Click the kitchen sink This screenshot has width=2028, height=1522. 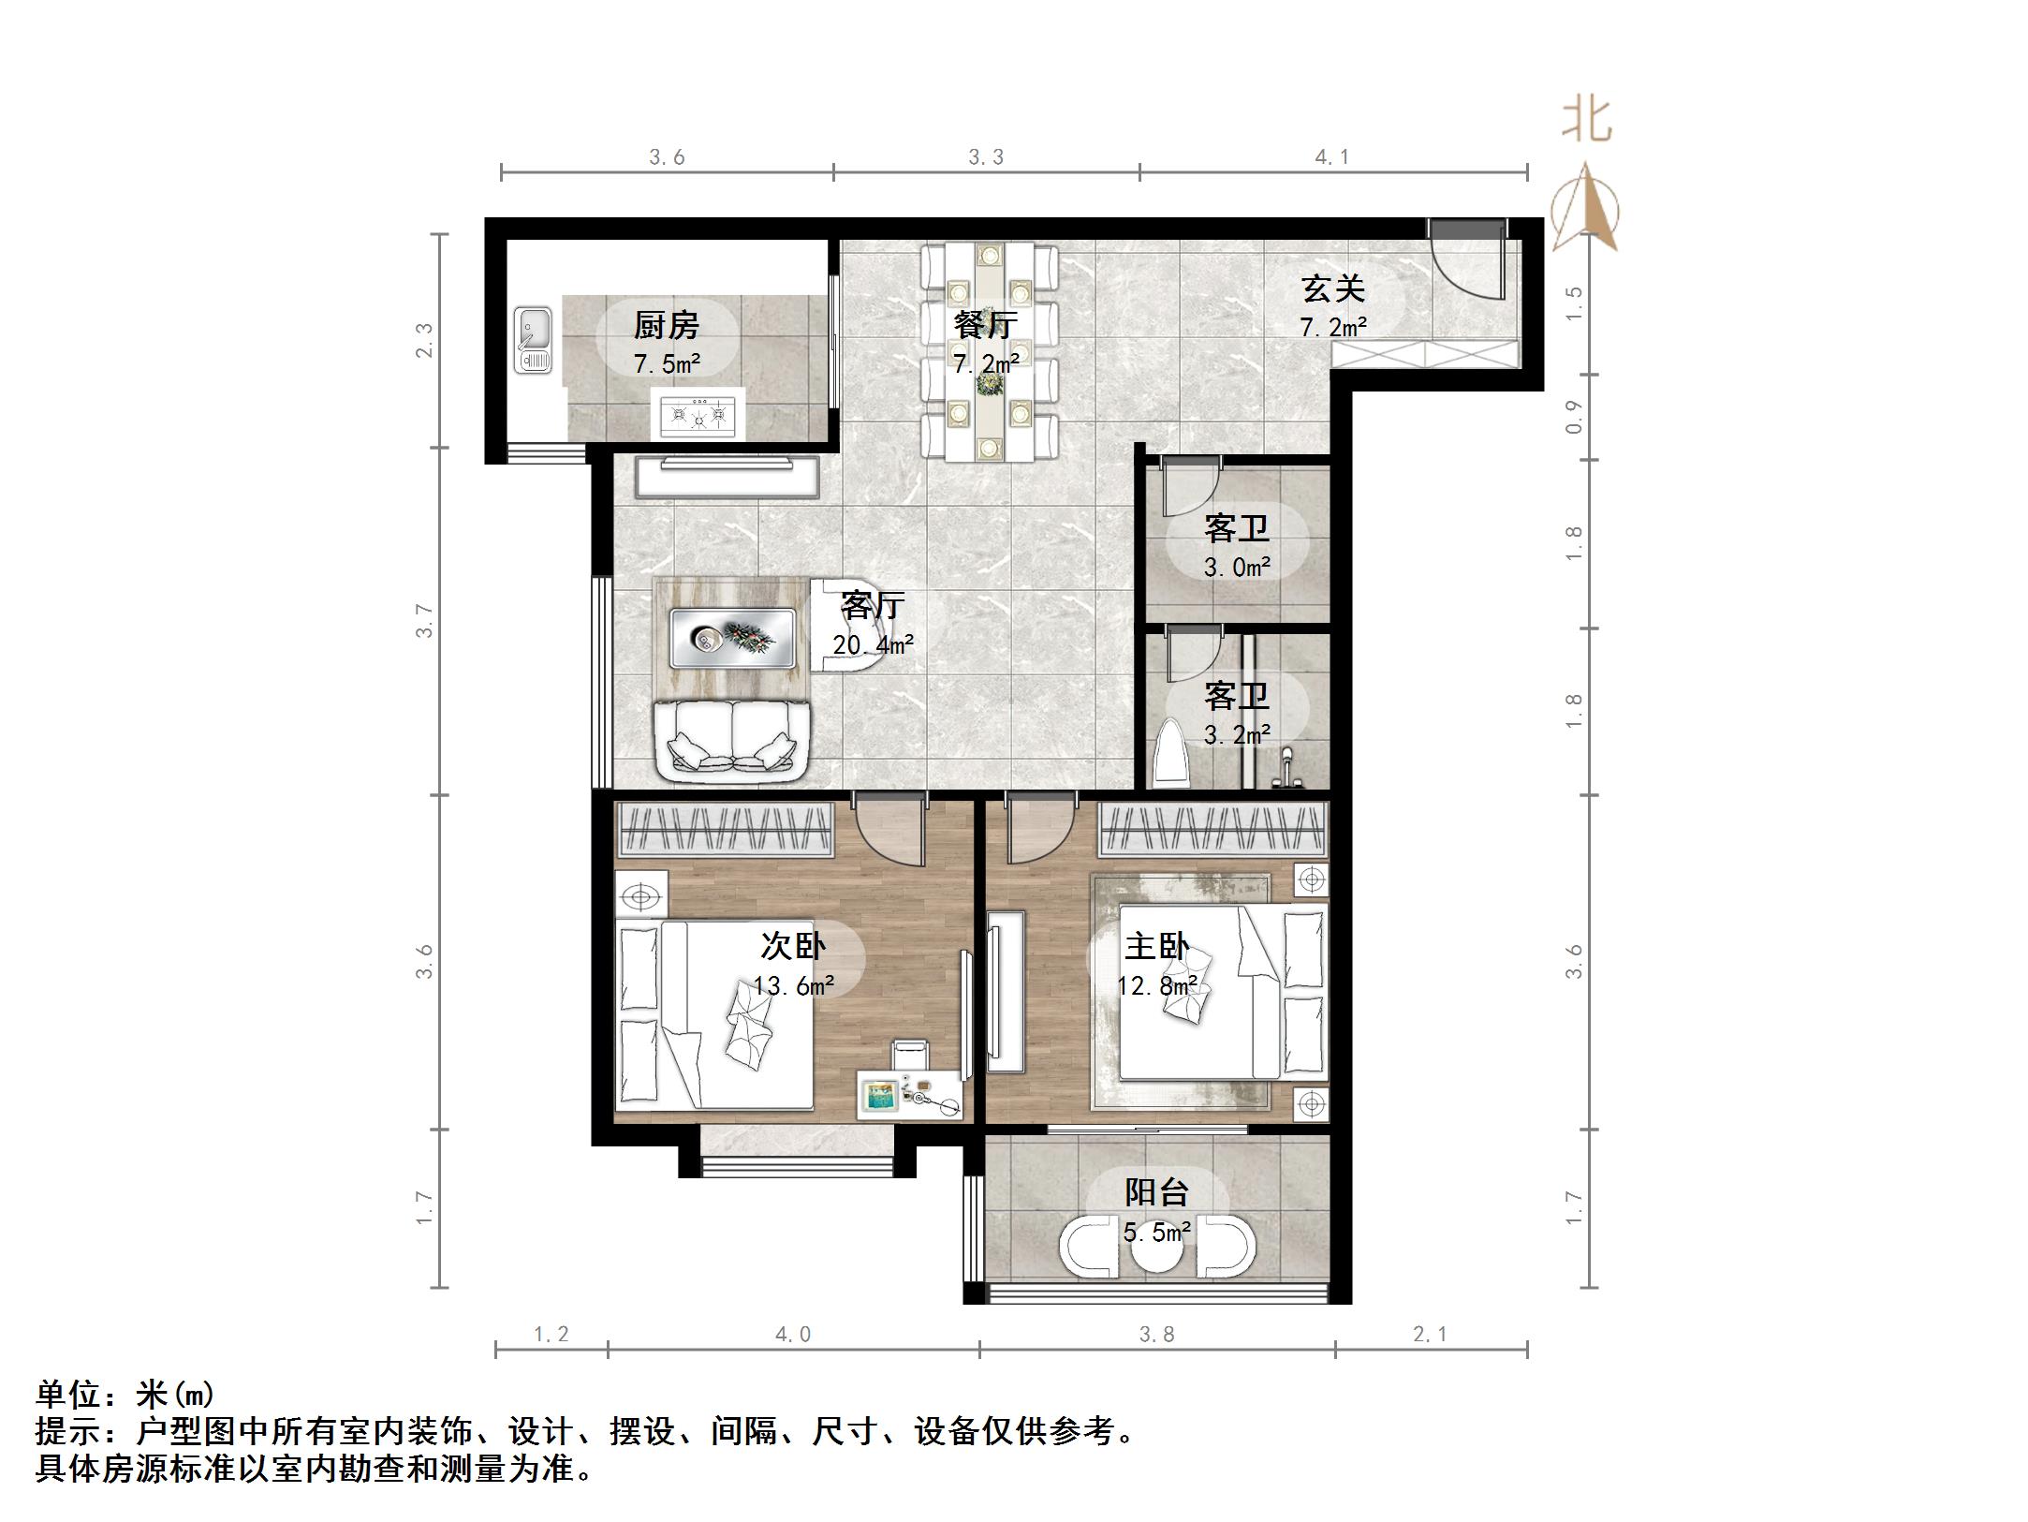(534, 341)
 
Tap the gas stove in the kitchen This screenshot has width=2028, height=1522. (698, 413)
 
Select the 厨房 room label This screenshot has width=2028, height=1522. (666, 326)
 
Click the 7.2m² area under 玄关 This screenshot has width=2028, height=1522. (1332, 328)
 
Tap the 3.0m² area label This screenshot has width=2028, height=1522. (1237, 568)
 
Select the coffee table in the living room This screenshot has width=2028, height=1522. (733, 638)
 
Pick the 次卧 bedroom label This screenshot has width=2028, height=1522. (792, 946)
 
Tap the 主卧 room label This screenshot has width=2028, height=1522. (1156, 946)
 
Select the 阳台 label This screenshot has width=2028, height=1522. (1156, 1192)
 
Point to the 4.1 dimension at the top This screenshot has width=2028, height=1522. (1331, 157)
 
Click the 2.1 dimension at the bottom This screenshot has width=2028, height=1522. (1430, 1334)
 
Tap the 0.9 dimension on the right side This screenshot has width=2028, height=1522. (1574, 417)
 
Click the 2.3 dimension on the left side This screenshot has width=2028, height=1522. (425, 340)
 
